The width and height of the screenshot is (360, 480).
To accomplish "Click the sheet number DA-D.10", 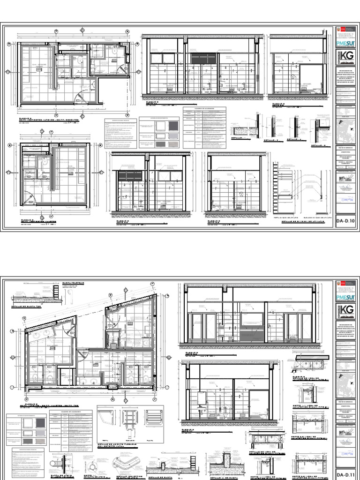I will click(x=346, y=220).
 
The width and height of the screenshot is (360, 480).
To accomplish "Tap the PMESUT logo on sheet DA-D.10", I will click(x=346, y=44).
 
